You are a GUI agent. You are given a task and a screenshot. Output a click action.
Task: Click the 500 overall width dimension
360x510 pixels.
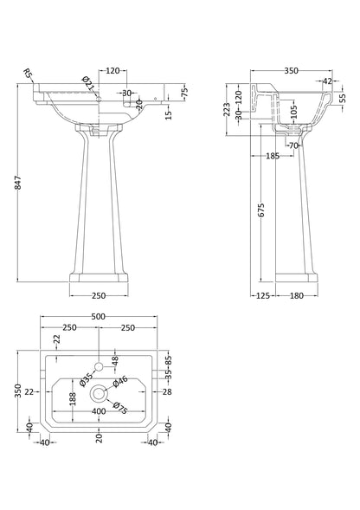[x=100, y=318]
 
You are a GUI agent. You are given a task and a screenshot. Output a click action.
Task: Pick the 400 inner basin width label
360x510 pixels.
[x=100, y=411]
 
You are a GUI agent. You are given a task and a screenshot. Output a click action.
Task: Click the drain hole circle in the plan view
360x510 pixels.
[x=100, y=392]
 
